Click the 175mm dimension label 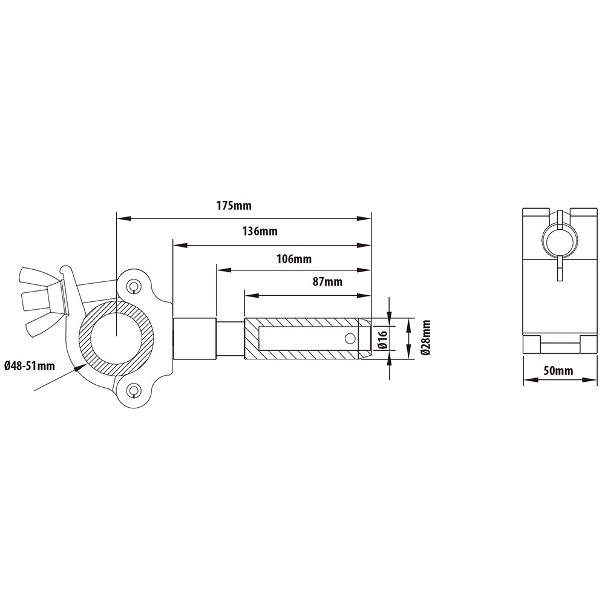234,206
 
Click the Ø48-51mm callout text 29,365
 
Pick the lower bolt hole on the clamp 133,391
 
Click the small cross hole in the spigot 349,338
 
